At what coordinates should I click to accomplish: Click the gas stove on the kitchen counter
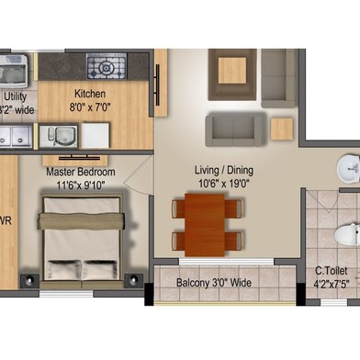pos(106,66)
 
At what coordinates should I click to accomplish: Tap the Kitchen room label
pos(90,95)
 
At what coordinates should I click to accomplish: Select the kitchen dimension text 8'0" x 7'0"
pos(90,108)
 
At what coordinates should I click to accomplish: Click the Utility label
pos(16,95)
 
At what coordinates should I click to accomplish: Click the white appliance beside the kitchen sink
pos(95,136)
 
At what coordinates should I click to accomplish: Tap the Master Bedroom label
pos(81,172)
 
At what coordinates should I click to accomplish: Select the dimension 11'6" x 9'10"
pos(81,185)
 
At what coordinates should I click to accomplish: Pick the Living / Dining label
pos(223,170)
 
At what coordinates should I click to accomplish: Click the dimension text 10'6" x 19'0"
pos(223,184)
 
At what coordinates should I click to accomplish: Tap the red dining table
pos(208,223)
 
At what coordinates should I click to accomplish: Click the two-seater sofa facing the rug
pos(235,129)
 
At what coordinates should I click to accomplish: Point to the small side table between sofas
pos(281,129)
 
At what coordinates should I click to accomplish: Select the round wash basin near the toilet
pos(349,168)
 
